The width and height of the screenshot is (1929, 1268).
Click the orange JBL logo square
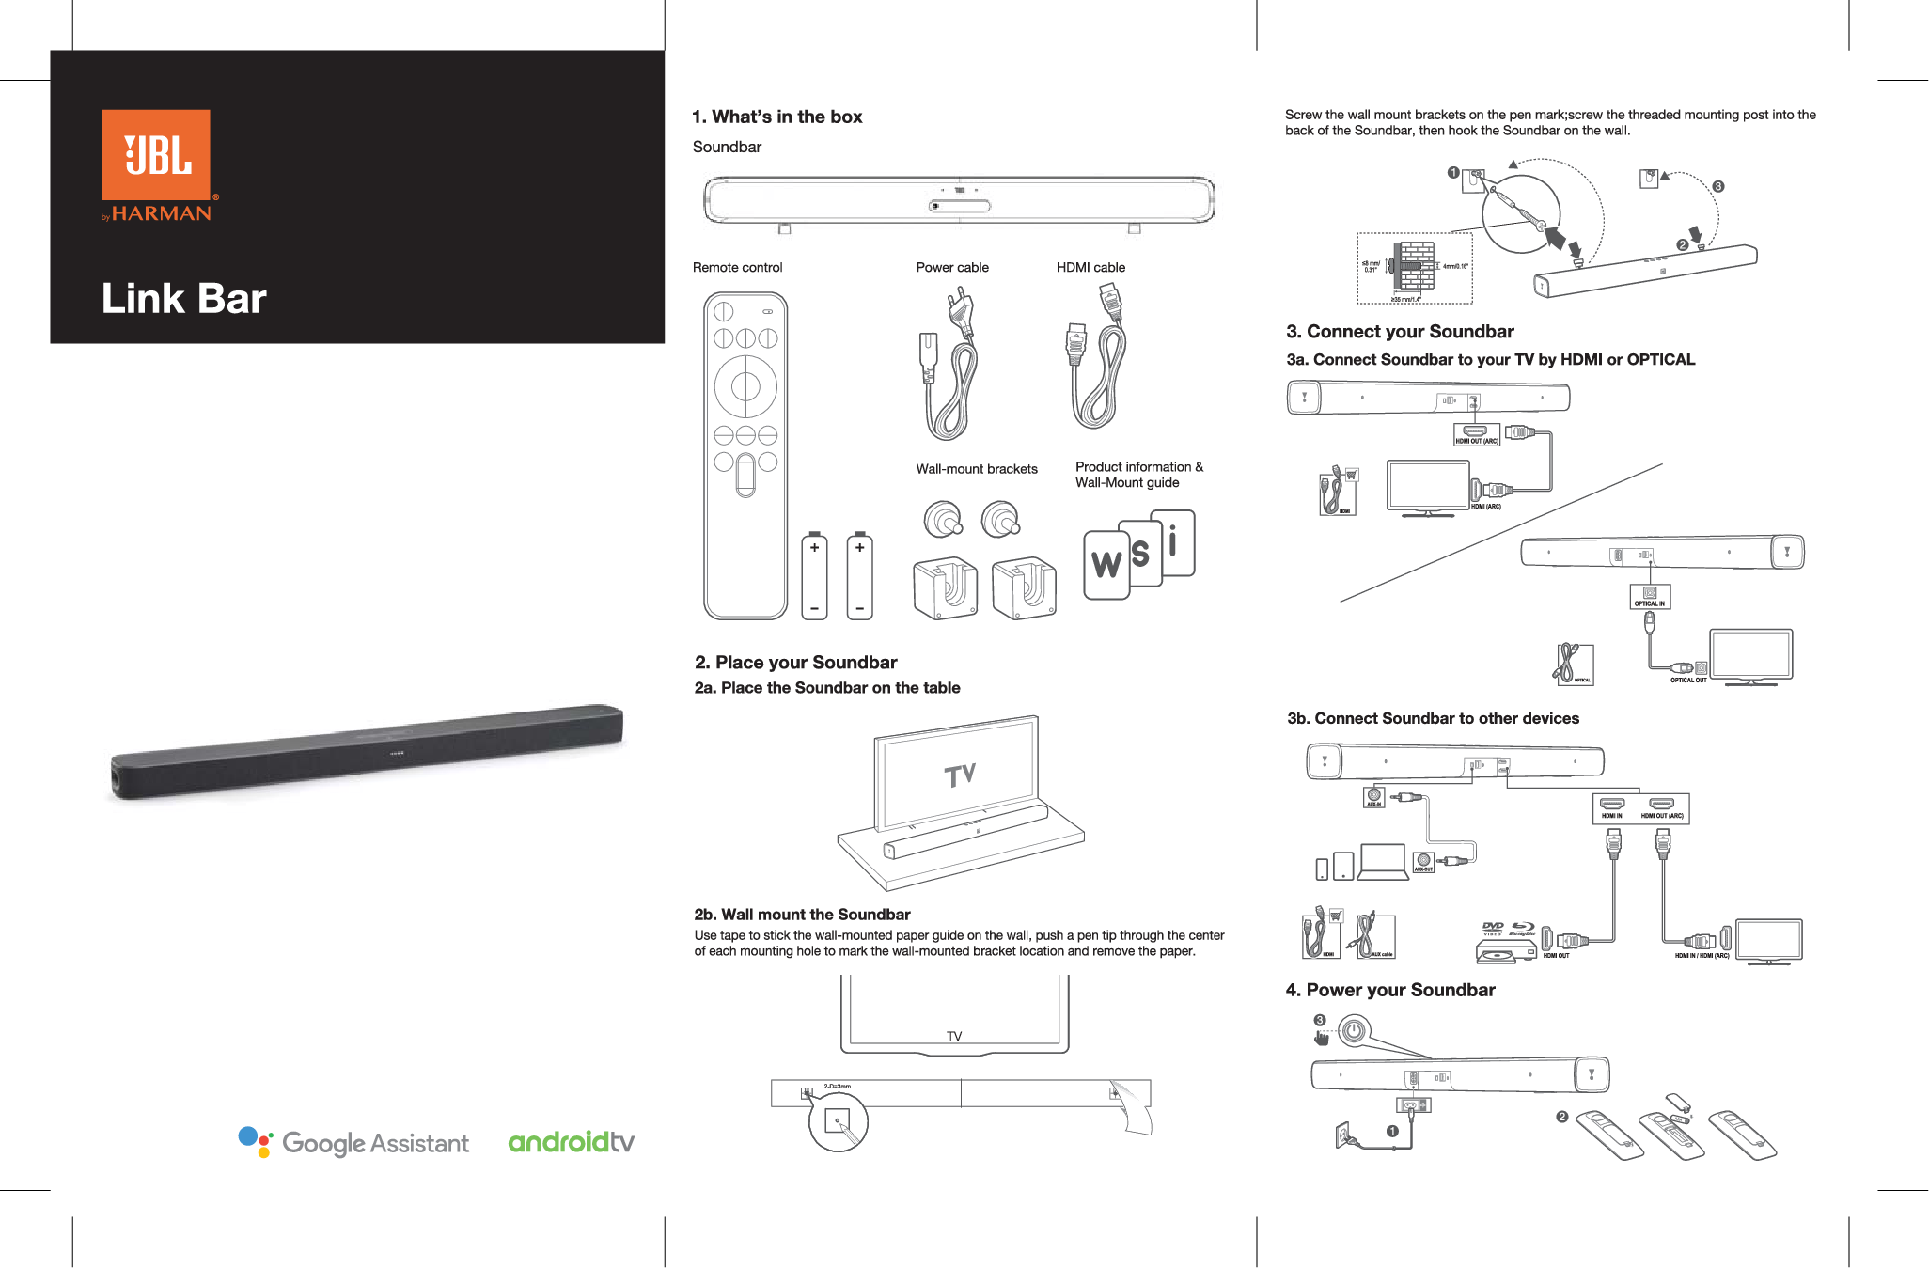[x=156, y=154]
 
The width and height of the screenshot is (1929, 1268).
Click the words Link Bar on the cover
[x=183, y=299]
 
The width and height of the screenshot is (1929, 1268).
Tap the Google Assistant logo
[x=353, y=1142]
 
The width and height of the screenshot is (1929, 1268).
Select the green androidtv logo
[x=571, y=1142]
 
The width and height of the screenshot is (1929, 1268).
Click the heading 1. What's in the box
[x=776, y=117]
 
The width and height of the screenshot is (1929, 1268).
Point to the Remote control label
[x=737, y=268]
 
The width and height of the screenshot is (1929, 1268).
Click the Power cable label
[x=951, y=268]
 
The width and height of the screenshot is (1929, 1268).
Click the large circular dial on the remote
[x=745, y=386]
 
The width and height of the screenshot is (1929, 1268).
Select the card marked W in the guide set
[x=1106, y=565]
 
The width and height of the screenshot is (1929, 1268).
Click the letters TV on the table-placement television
[x=960, y=775]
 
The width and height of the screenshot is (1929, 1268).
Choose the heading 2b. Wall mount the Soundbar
[x=802, y=915]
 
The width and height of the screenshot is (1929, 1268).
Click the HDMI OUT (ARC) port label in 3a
[x=1477, y=440]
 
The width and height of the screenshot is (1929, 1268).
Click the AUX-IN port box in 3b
[x=1373, y=797]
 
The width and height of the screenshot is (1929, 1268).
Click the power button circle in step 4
[x=1353, y=1031]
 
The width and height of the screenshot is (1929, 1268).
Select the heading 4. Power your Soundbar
[x=1389, y=990]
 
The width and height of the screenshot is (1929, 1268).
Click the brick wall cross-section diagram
[x=1414, y=267]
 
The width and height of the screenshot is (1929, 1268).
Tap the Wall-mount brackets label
[x=976, y=469]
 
